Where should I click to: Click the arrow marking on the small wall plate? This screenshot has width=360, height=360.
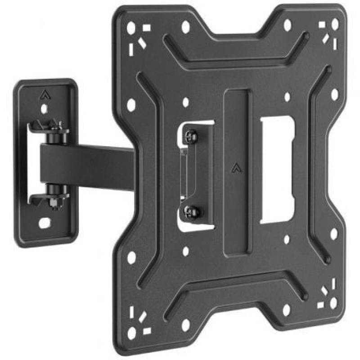pos(44,94)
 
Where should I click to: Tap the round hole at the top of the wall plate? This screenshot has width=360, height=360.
pos(44,108)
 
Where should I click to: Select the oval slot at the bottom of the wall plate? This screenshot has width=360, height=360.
pos(45,222)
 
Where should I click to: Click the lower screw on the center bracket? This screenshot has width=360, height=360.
pos(190,210)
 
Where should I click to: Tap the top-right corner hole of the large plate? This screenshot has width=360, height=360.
pos(335,24)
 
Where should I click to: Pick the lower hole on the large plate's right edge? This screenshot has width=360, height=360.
pos(333,234)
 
